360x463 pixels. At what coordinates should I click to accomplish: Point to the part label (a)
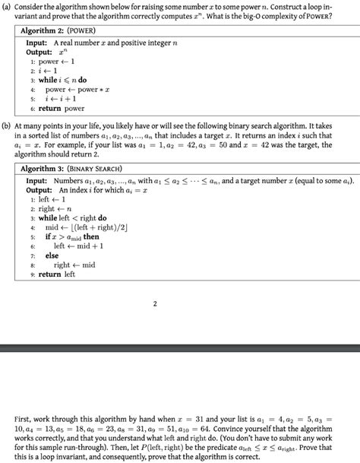8,7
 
